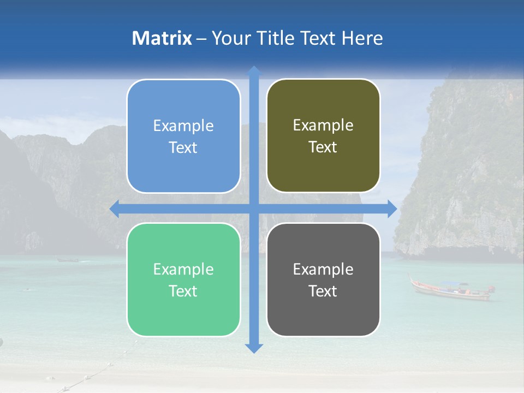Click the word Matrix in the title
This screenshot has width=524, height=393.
point(162,38)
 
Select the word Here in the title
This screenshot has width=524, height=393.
point(362,38)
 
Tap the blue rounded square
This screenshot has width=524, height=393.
point(183,136)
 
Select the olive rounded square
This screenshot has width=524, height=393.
point(323,136)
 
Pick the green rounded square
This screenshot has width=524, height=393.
point(183,279)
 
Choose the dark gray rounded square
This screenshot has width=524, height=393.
point(323,279)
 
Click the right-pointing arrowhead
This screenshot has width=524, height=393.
point(392,209)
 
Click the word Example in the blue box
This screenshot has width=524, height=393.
point(183,126)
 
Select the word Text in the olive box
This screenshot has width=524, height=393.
point(323,147)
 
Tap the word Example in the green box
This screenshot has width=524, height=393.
point(183,269)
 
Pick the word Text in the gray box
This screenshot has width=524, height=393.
point(323,291)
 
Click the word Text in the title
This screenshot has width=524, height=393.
point(319,38)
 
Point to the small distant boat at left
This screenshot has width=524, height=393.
point(68,260)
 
